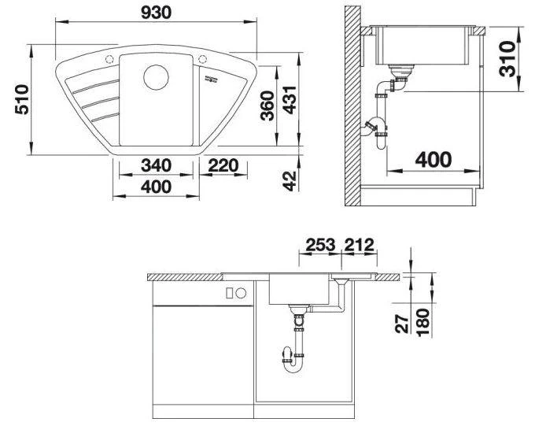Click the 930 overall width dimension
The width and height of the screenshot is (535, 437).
pyautogui.click(x=157, y=13)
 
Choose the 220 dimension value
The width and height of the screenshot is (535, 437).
pyautogui.click(x=223, y=167)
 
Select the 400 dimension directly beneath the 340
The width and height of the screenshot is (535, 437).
pyautogui.click(x=157, y=187)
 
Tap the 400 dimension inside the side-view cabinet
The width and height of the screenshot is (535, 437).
pyautogui.click(x=433, y=160)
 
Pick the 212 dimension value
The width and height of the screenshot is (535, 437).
pyautogui.click(x=358, y=244)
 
